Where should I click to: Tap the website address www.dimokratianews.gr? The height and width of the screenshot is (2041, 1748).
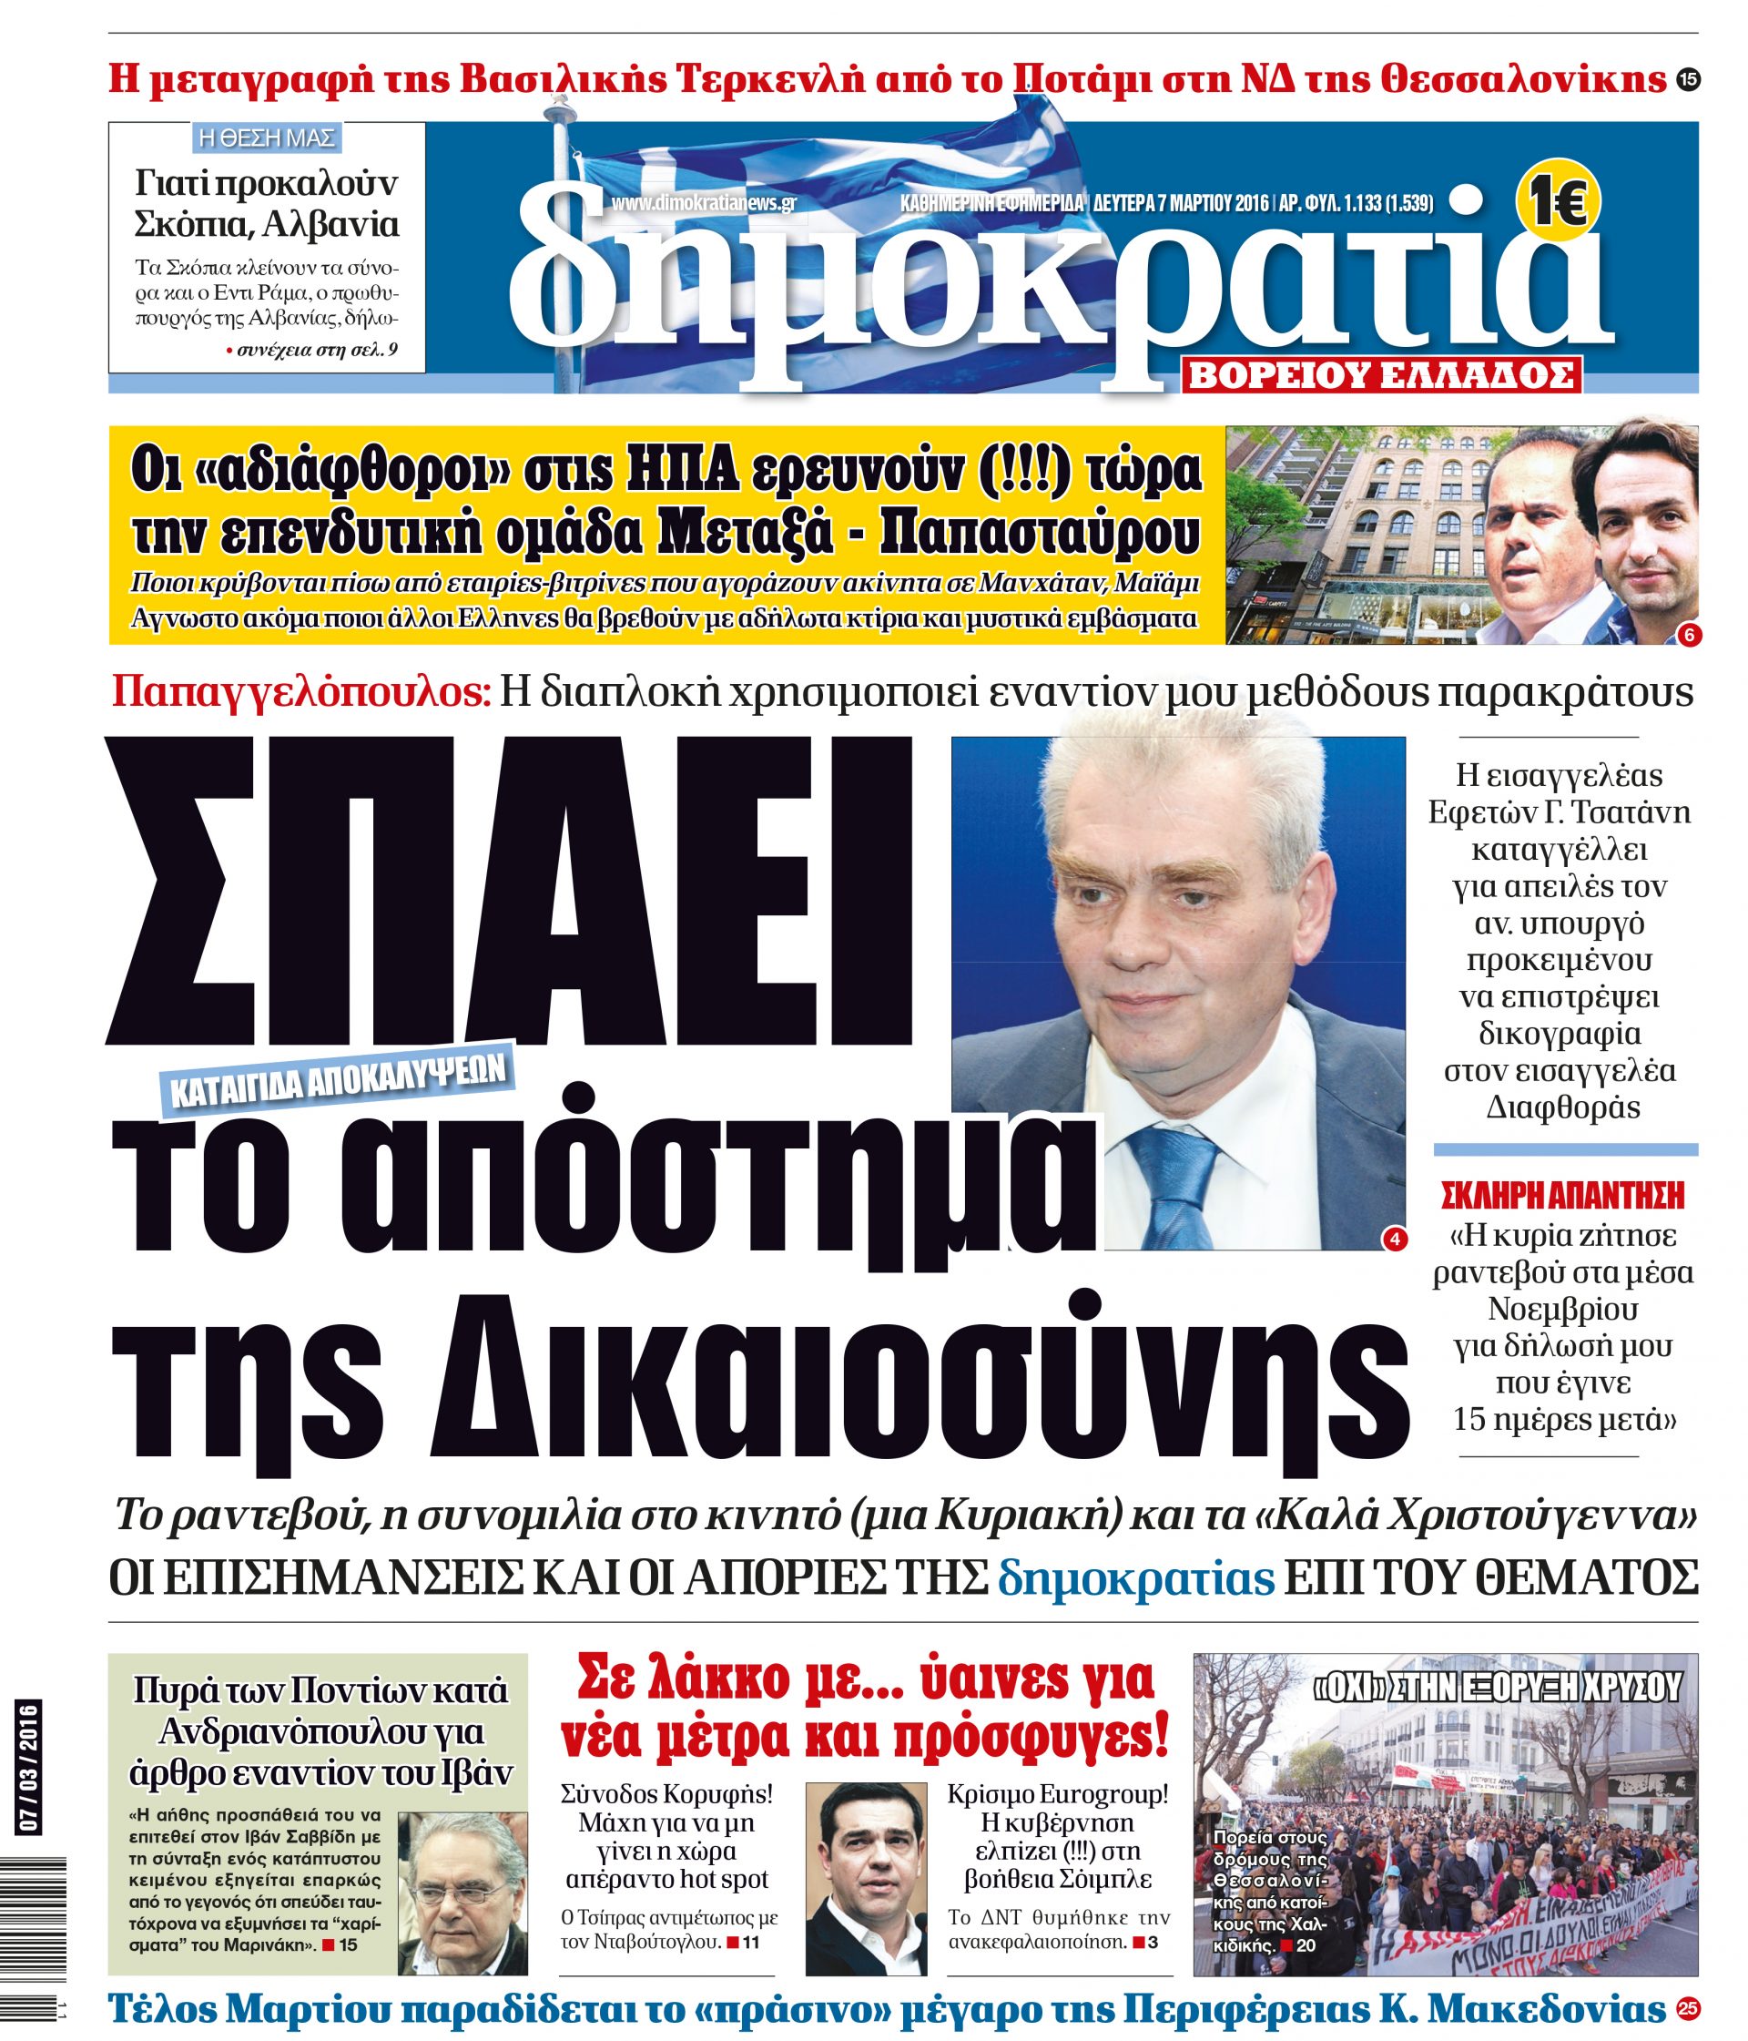pyautogui.click(x=703, y=203)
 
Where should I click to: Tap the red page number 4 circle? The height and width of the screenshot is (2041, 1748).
pyautogui.click(x=1394, y=1239)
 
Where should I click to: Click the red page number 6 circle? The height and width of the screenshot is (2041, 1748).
pyautogui.click(x=1687, y=636)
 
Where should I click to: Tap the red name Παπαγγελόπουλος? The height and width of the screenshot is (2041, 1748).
pyautogui.click(x=300, y=692)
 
